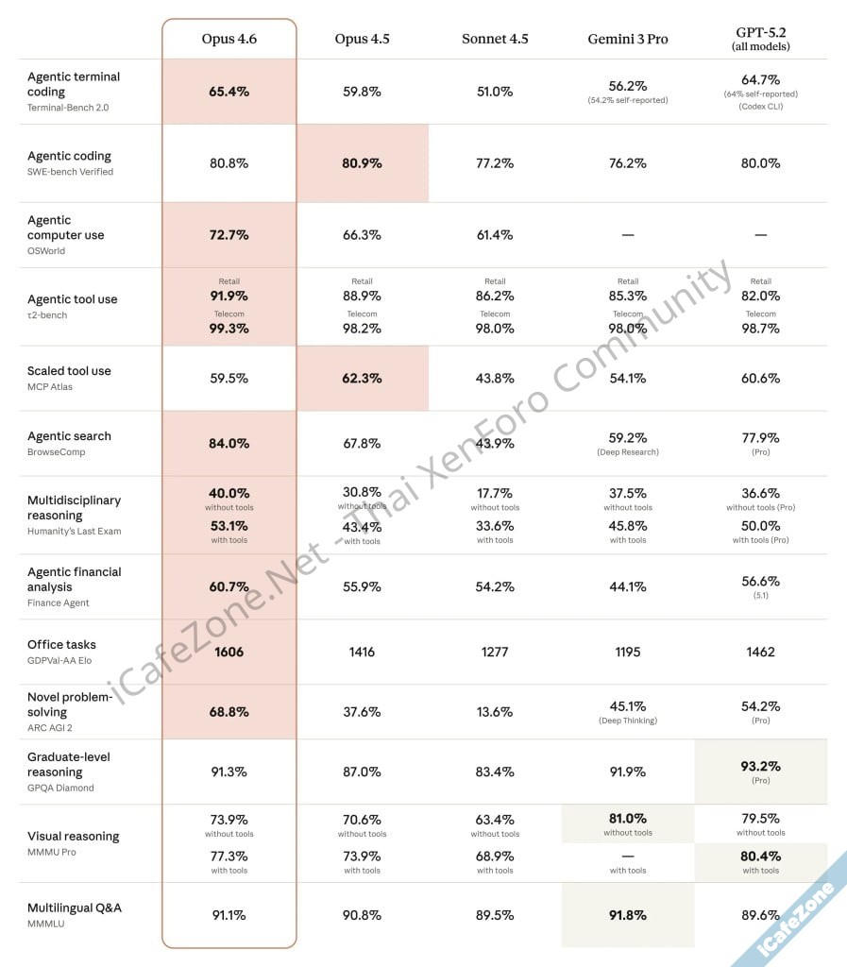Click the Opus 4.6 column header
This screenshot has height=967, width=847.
(x=229, y=39)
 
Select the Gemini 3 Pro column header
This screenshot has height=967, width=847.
(x=627, y=39)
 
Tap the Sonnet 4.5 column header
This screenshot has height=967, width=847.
(x=495, y=39)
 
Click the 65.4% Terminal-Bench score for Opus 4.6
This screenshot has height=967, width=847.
(x=229, y=92)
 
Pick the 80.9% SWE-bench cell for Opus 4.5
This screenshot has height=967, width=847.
(x=362, y=163)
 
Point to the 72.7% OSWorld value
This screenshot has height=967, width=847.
(x=229, y=235)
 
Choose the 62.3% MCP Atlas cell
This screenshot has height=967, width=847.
(x=362, y=378)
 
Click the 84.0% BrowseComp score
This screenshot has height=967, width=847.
(x=229, y=443)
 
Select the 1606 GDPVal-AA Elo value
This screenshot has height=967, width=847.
(x=229, y=652)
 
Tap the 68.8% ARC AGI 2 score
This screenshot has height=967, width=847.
(x=229, y=711)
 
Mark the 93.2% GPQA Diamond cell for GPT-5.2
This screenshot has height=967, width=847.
(x=760, y=766)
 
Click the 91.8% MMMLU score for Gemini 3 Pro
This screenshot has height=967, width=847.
(x=627, y=915)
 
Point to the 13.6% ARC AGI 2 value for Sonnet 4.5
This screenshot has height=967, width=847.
(x=495, y=711)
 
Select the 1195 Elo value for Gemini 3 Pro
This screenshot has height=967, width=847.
(x=627, y=652)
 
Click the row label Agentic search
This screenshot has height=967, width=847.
(x=69, y=436)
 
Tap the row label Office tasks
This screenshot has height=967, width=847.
(x=61, y=644)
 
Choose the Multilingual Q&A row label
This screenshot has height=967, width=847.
(x=74, y=908)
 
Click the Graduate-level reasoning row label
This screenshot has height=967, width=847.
(x=68, y=764)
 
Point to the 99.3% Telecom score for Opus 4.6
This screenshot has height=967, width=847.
(x=229, y=329)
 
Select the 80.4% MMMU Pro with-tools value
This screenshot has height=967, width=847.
(x=760, y=857)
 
